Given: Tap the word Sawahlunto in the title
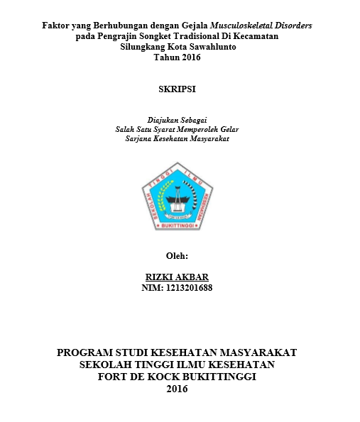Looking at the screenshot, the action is (x=212, y=47).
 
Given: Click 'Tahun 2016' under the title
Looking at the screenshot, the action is (x=178, y=57).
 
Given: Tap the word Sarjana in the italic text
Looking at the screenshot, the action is (x=138, y=140).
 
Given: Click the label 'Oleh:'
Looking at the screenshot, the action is (x=177, y=256).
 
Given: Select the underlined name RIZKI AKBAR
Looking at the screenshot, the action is (x=178, y=277).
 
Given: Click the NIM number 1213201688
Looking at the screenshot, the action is (x=187, y=288).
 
